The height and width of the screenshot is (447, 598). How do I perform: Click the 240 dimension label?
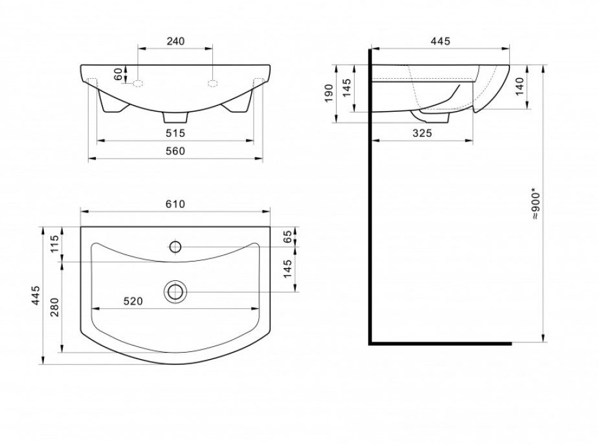175,41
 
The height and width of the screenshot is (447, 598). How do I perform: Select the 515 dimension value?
175,133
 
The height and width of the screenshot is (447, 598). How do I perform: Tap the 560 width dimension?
175,151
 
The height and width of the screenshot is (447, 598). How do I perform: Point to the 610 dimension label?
175,204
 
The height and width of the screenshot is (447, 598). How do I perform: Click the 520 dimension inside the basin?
133,301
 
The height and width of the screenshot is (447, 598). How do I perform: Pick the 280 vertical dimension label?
54,307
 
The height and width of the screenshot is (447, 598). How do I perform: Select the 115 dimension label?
54,244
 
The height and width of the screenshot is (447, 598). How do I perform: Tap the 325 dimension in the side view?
422,133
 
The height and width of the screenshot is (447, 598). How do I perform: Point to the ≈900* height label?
536,205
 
